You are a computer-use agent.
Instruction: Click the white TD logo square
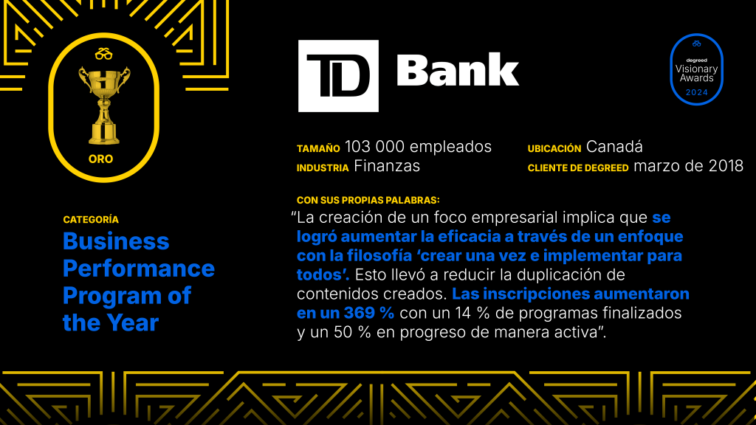click(338, 76)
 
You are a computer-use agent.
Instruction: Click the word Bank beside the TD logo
click(458, 70)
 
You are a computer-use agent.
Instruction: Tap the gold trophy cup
click(104, 106)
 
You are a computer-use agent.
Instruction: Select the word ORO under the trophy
click(100, 159)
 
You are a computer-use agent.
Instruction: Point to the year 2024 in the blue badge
click(697, 92)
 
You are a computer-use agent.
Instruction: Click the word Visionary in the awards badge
click(697, 69)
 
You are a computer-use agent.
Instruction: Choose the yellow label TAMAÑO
click(318, 149)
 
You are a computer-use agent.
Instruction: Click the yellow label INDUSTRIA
click(323, 168)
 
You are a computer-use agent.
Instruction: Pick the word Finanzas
click(387, 166)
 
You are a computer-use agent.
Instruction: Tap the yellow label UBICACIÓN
click(554, 149)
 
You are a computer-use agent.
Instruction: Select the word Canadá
click(614, 147)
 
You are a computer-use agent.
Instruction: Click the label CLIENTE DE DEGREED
click(578, 168)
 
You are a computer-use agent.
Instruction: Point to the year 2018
click(726, 166)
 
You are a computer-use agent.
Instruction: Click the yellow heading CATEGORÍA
click(91, 220)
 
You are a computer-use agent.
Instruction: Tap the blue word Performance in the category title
click(139, 269)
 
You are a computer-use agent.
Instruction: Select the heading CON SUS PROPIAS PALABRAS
click(368, 200)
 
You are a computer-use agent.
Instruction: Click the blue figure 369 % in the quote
click(369, 313)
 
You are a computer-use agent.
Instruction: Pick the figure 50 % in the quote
click(352, 333)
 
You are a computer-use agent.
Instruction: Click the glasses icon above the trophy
click(103, 54)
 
